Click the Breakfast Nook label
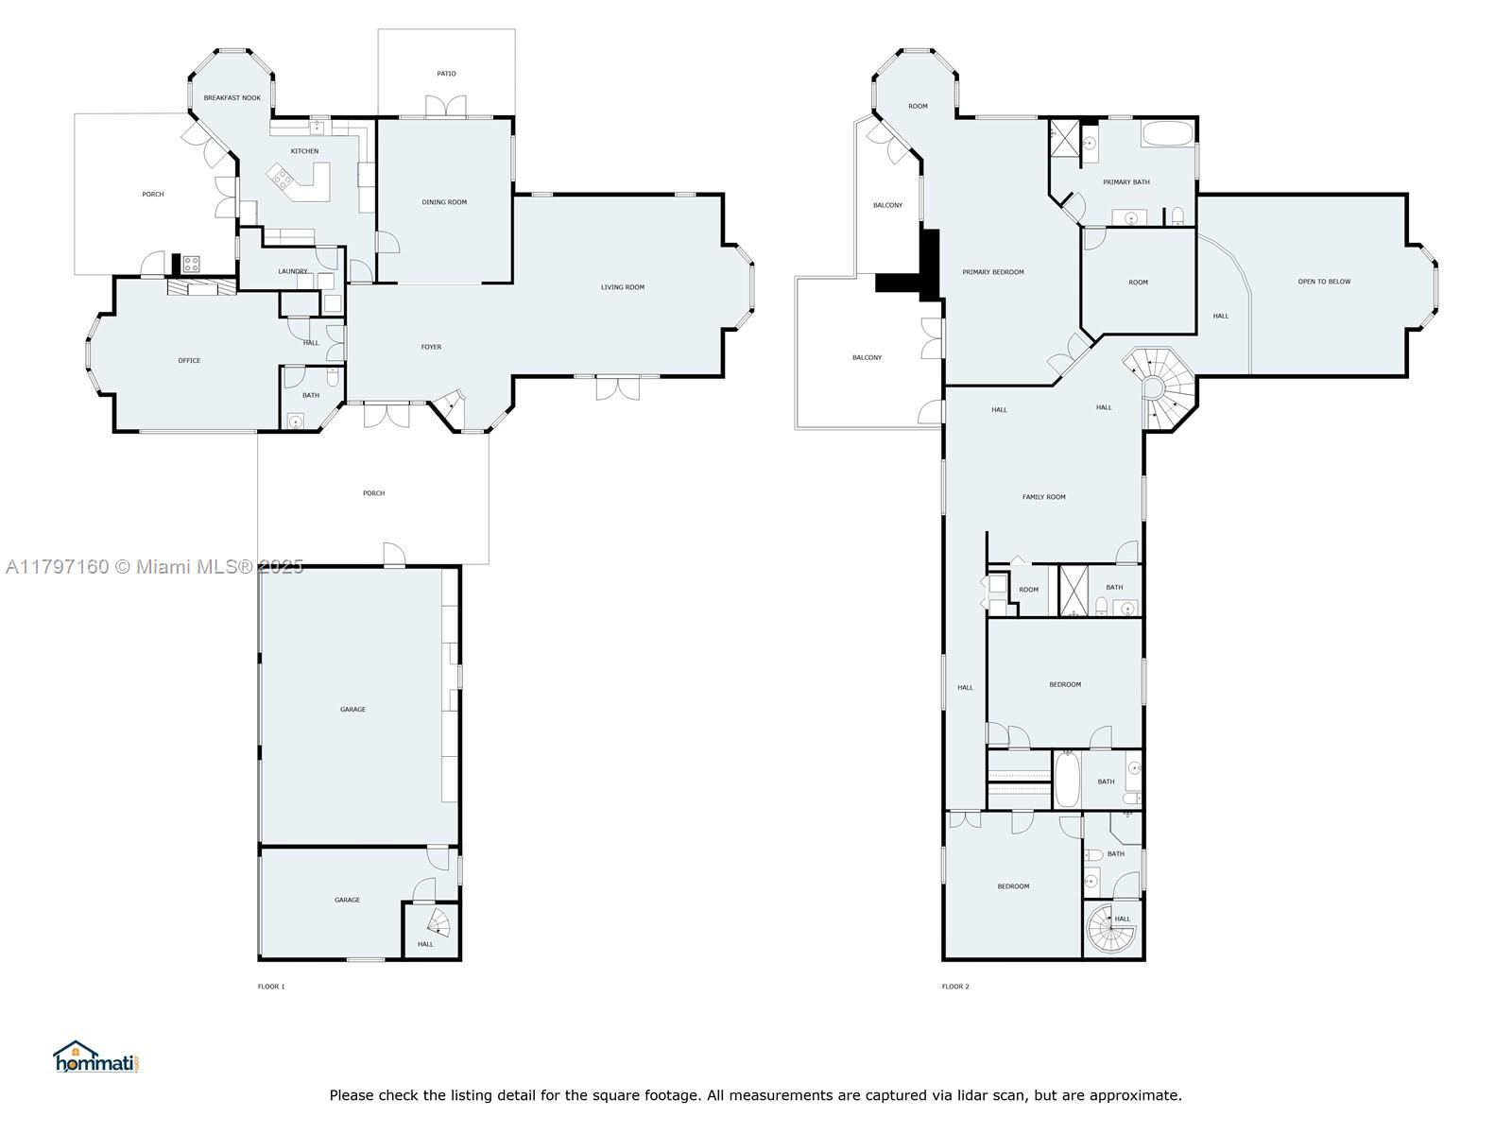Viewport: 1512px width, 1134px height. [x=232, y=98]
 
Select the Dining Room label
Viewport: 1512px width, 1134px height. [x=444, y=202]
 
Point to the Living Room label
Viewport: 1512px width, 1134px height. [x=623, y=287]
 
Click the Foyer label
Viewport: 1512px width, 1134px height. [x=431, y=347]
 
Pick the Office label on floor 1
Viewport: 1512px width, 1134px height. [x=189, y=361]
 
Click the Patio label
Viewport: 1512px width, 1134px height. [x=446, y=74]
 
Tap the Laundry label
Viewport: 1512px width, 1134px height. [x=292, y=272]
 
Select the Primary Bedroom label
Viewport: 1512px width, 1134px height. [x=993, y=272]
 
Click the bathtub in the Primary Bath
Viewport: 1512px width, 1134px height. [x=1167, y=133]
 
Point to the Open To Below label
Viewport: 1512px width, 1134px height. [x=1324, y=282]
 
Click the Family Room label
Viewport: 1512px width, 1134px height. [x=1043, y=497]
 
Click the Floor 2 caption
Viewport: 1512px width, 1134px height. [x=955, y=987]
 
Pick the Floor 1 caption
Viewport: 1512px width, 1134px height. [x=271, y=987]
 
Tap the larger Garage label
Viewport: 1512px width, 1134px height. [x=352, y=710]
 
